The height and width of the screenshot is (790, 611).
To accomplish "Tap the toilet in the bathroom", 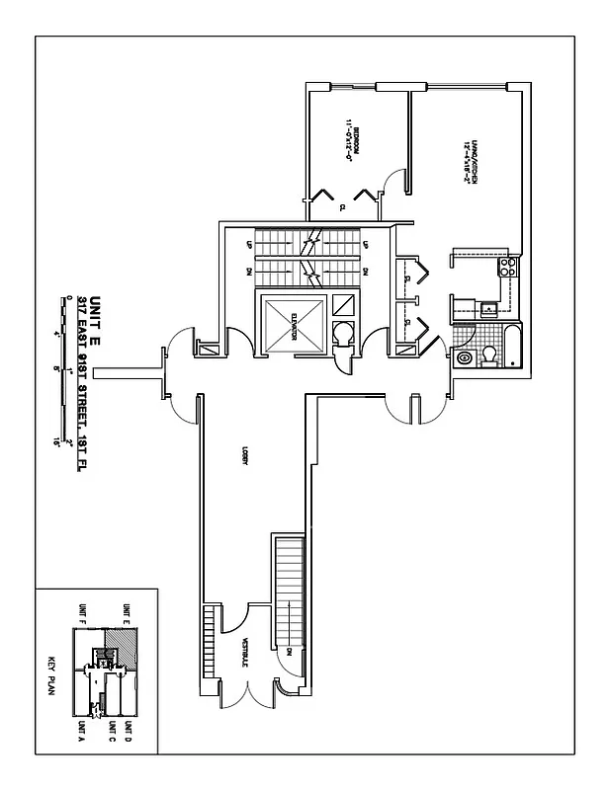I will tap(492, 356).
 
